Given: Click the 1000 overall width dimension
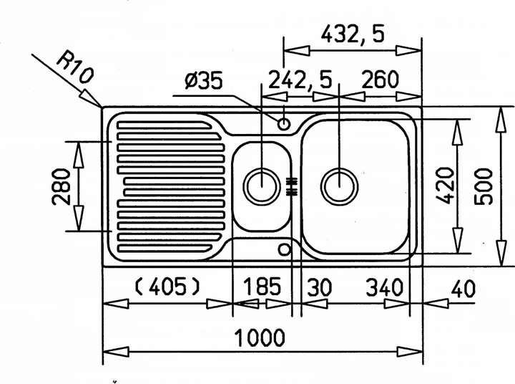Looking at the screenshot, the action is click(x=260, y=337).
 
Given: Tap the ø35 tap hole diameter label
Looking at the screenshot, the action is click(x=204, y=81).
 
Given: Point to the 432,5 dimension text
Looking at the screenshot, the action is click(x=353, y=34).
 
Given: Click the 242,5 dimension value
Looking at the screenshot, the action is click(x=300, y=80).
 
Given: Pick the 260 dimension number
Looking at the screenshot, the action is click(x=380, y=80).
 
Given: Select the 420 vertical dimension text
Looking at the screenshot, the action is click(x=446, y=186).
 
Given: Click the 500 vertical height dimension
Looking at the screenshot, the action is click(x=484, y=186).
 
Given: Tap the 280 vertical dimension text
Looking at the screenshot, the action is click(x=62, y=186).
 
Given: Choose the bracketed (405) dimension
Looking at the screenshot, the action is click(x=167, y=287).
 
